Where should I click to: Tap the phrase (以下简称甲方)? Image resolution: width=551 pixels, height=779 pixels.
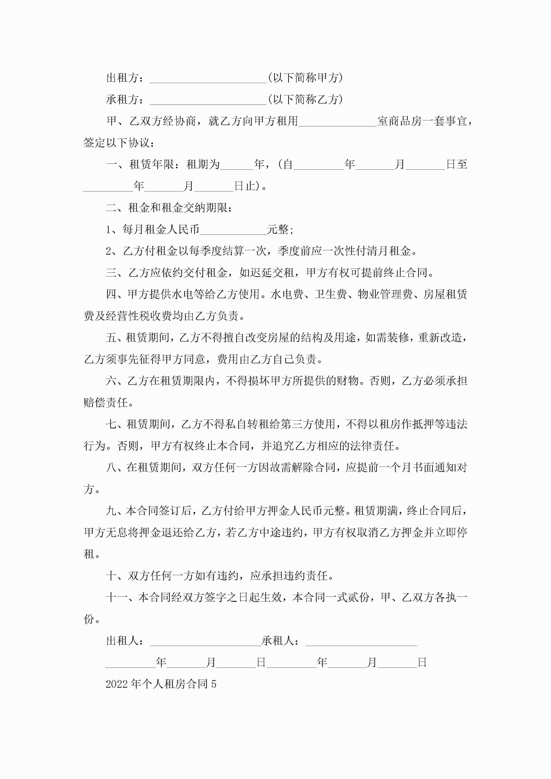(305, 78)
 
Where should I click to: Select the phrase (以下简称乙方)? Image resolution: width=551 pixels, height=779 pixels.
(305, 100)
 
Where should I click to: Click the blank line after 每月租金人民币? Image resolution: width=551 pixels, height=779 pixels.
(234, 230)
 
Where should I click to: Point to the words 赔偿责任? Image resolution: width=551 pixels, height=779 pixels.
(105, 403)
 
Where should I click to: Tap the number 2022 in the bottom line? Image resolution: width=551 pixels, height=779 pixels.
(116, 684)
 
